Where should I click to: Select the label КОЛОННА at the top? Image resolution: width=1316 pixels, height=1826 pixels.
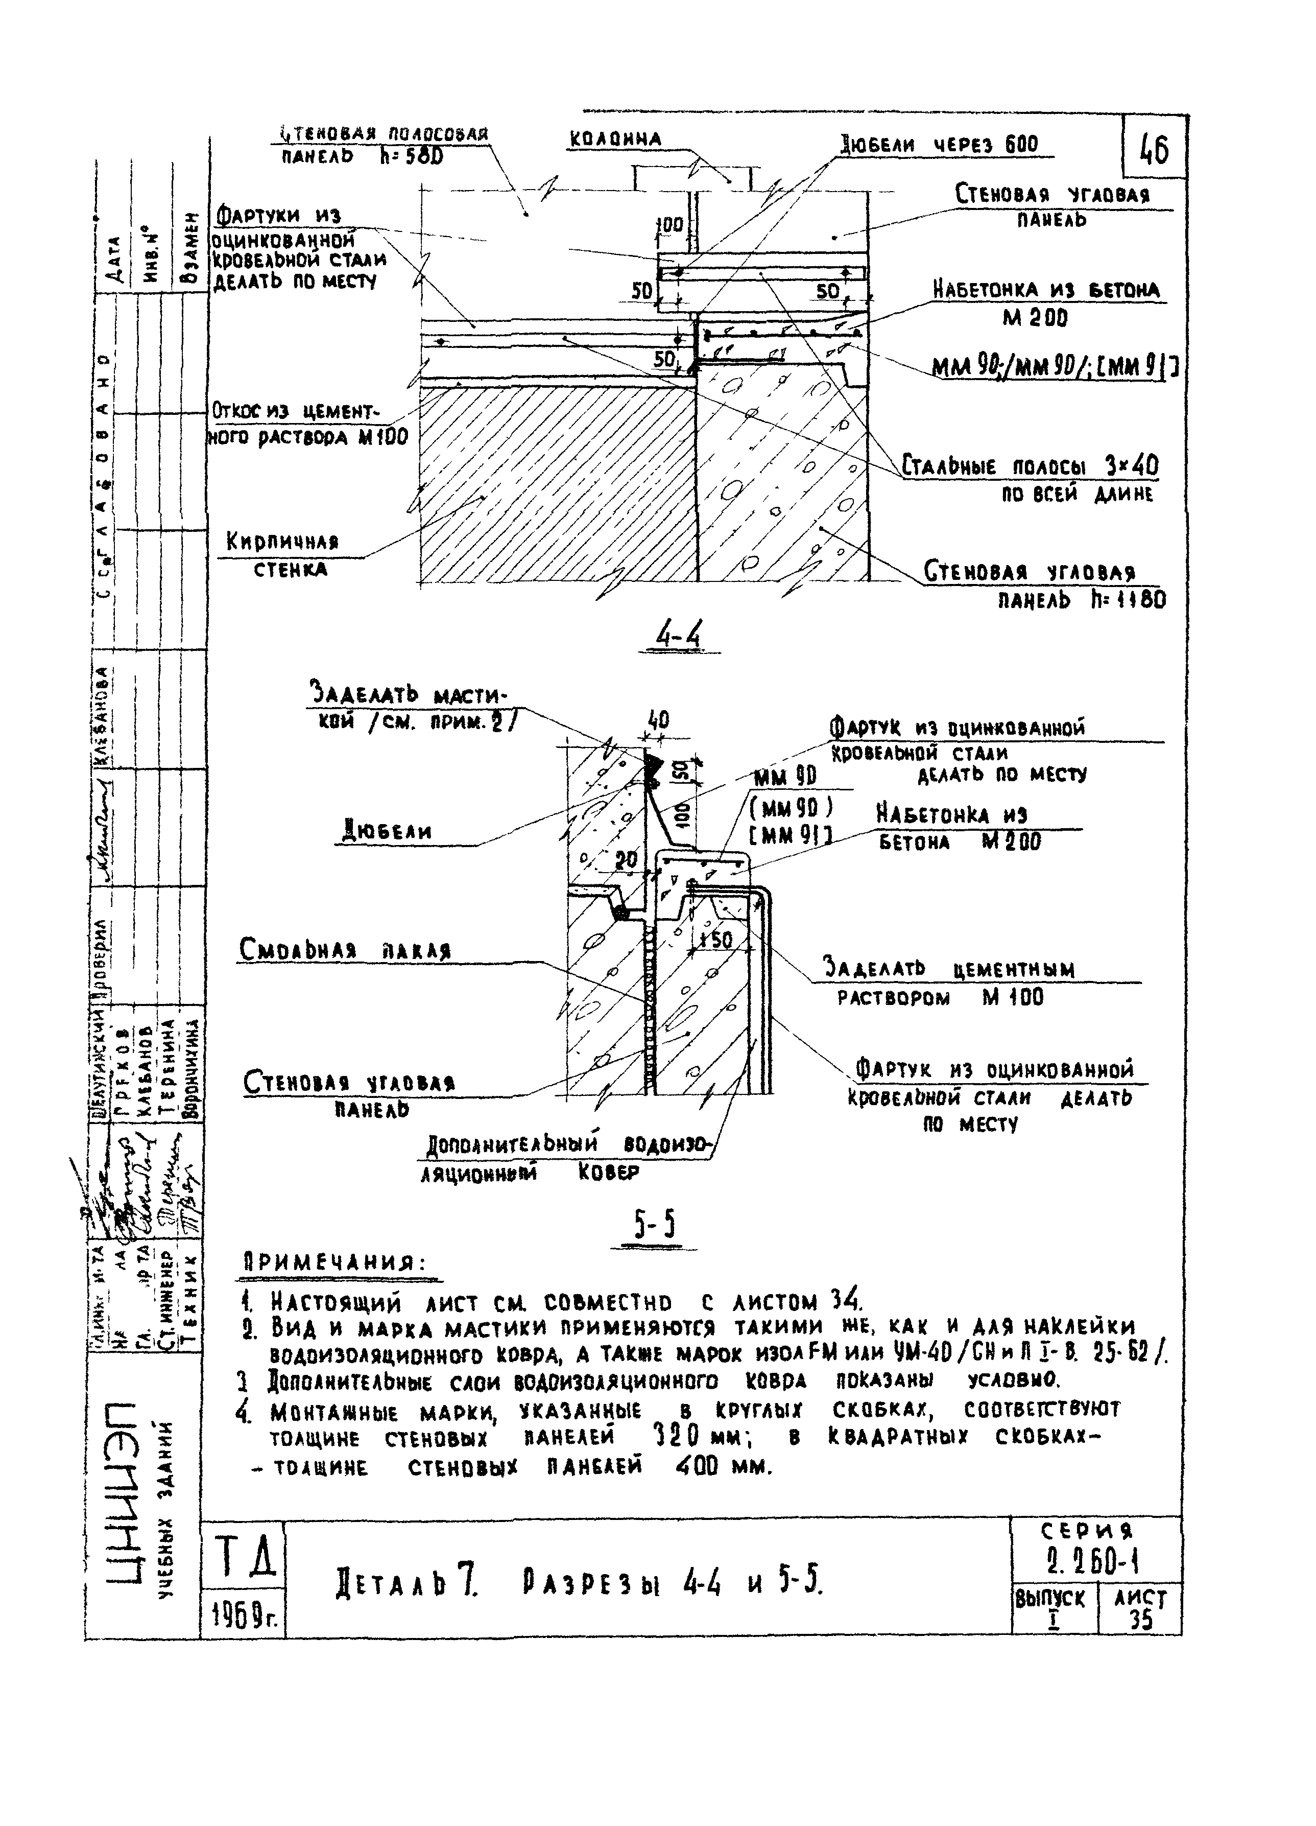point(616,139)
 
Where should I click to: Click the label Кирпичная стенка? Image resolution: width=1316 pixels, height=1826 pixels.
point(282,555)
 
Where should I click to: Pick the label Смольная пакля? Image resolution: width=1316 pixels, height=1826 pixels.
point(345,950)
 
